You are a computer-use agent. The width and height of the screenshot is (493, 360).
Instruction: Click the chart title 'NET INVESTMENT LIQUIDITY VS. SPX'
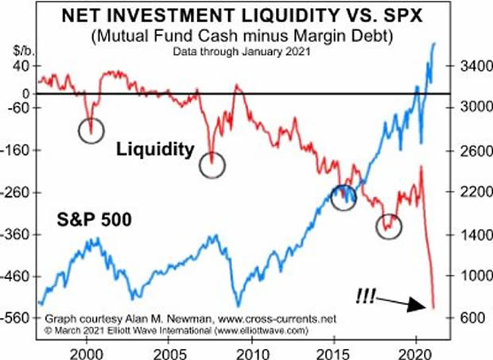[247, 15]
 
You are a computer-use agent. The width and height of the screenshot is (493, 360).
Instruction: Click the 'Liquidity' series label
[155, 148]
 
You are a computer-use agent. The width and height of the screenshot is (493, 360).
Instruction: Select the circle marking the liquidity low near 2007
[212, 165]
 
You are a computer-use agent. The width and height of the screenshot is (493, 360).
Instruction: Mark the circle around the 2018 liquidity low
[389, 226]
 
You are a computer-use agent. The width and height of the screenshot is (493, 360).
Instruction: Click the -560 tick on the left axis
[20, 318]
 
